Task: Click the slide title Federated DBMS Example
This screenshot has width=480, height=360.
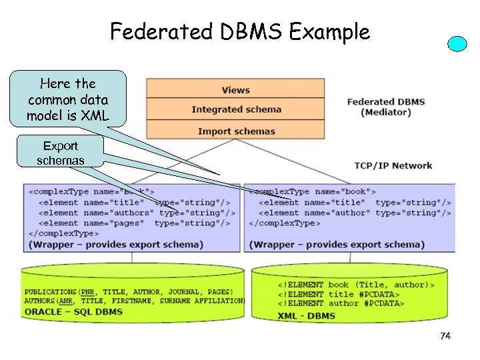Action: [x=239, y=31]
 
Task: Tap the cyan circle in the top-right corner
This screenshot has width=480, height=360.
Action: [x=457, y=44]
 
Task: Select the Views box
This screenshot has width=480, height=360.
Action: [x=235, y=89]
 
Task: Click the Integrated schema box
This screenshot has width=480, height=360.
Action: [x=236, y=109]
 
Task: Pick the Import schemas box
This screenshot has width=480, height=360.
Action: [x=236, y=131]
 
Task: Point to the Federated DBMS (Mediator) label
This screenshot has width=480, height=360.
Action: [x=385, y=107]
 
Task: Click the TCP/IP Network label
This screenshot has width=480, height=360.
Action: [x=393, y=165]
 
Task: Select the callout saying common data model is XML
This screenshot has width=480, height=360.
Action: [x=68, y=99]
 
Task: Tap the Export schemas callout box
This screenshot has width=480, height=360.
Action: [x=61, y=153]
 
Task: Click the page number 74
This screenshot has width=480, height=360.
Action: [x=445, y=336]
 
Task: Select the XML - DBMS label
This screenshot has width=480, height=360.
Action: [x=307, y=315]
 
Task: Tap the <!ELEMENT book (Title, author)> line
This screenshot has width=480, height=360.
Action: [x=356, y=285]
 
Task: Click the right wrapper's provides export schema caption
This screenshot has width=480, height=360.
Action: [x=337, y=245]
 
